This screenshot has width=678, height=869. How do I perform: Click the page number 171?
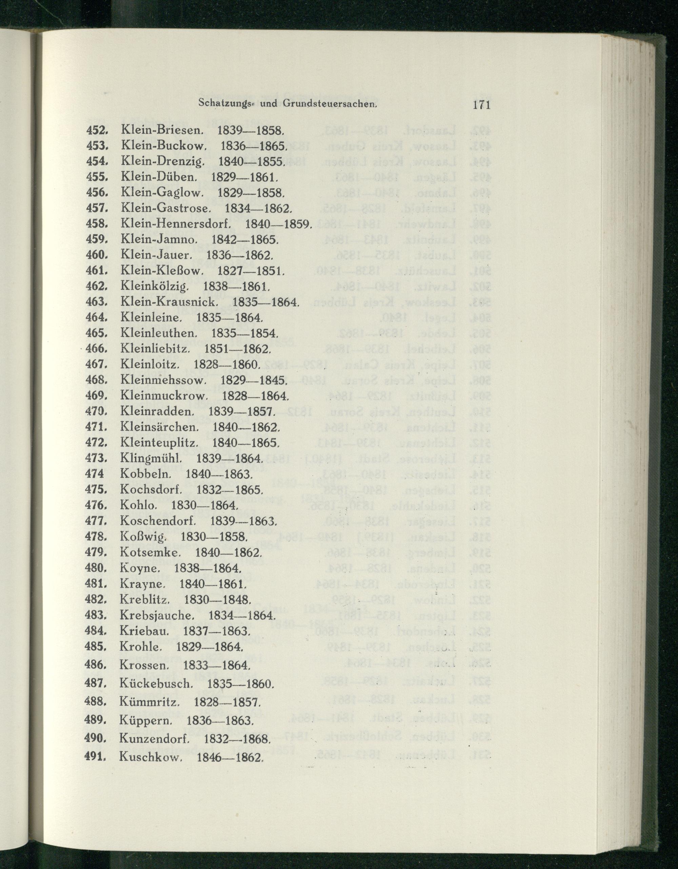coord(481,105)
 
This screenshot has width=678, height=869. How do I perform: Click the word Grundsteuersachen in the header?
coord(331,104)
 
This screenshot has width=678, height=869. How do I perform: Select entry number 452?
coord(97,130)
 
